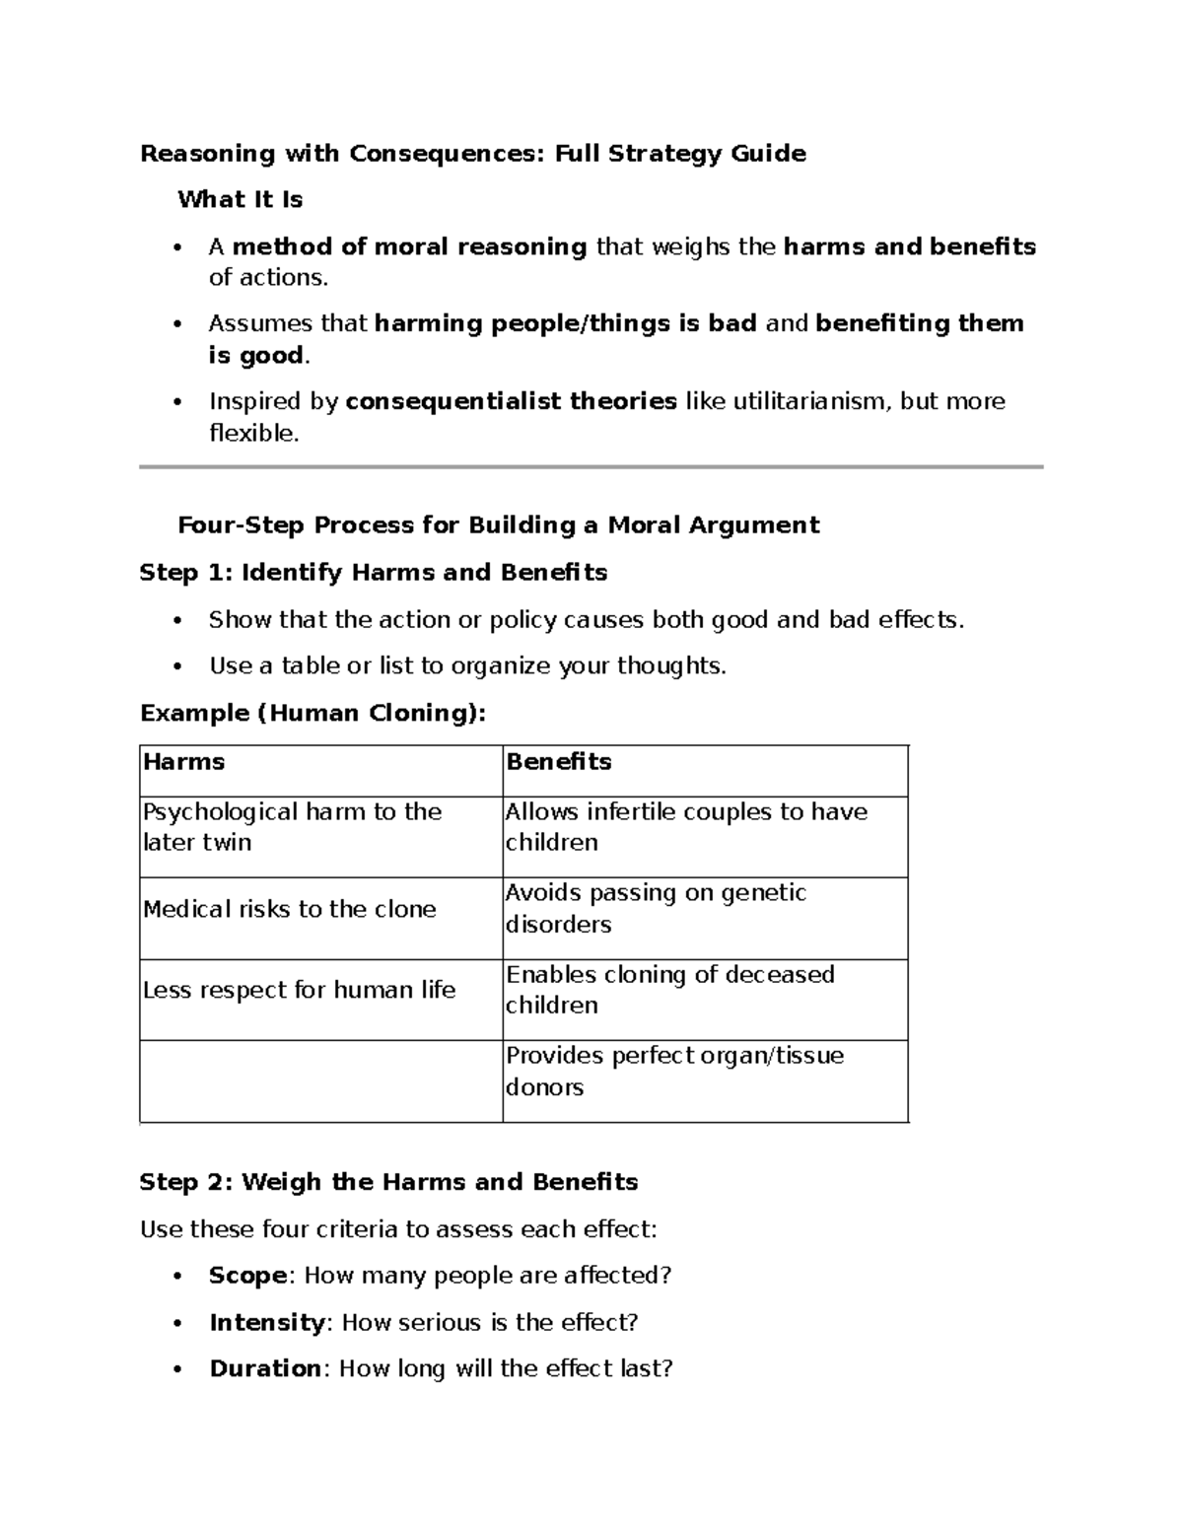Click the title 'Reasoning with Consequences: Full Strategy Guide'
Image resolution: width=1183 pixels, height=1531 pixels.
[x=472, y=154]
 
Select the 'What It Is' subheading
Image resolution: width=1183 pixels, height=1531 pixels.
[x=240, y=200]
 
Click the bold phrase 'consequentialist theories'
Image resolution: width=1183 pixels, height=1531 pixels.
[x=511, y=401]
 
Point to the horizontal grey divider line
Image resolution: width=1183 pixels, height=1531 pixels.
[x=591, y=467]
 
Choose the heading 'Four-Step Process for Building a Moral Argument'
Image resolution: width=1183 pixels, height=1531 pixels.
[x=498, y=525]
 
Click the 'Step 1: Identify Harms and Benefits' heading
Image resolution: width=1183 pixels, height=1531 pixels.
[x=373, y=573]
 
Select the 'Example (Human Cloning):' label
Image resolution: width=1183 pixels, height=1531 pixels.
[x=313, y=713]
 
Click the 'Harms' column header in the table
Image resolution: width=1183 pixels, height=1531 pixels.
[x=184, y=762]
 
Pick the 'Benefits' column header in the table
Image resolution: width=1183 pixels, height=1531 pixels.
[x=558, y=762]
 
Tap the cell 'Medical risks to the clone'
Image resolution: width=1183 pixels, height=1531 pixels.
[x=289, y=909]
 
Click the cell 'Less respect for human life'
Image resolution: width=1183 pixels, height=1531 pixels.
[x=299, y=990]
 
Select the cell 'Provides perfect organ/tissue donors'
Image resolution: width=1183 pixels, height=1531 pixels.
[x=673, y=1072]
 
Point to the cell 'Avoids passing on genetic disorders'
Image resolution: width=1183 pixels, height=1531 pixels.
[x=656, y=909]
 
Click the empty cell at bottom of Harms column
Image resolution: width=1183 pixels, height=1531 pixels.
[x=320, y=1080]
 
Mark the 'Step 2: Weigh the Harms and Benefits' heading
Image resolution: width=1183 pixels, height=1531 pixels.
[x=388, y=1182]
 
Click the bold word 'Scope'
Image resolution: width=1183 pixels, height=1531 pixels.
[x=247, y=1276]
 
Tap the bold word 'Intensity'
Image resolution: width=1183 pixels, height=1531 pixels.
[x=266, y=1322]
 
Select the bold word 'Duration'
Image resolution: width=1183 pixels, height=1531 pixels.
[x=264, y=1368]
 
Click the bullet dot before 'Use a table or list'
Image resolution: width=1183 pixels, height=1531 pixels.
[x=177, y=666]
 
